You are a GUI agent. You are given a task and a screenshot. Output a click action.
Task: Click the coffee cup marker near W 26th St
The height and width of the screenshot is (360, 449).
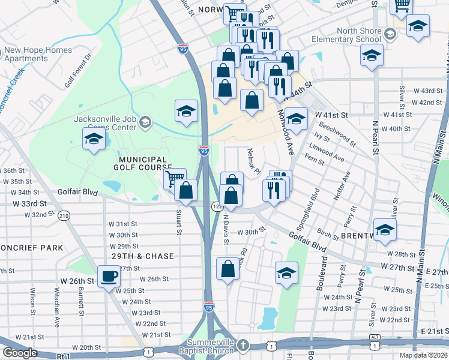point(109,277)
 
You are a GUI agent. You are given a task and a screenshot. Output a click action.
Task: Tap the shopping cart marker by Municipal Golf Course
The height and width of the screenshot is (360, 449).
point(174,178)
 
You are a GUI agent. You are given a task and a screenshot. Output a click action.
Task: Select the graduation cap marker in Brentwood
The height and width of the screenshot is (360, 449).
point(385,229)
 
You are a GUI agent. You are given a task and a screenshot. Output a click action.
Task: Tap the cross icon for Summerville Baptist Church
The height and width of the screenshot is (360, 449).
point(243,345)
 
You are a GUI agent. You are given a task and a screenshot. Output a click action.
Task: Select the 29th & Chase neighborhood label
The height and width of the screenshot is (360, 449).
point(142,256)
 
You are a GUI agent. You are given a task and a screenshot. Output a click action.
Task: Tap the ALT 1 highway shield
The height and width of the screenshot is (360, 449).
point(375,345)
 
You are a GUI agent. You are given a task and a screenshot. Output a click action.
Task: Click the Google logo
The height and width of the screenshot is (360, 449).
point(20,352)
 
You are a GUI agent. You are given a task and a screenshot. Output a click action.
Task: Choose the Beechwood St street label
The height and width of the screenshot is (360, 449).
point(338,136)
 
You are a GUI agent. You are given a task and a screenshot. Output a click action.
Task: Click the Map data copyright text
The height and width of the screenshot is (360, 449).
point(423,355)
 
